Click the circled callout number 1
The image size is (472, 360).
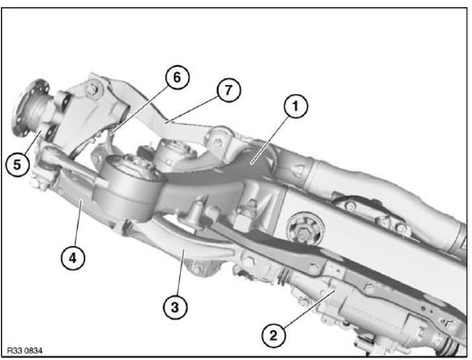(295, 107)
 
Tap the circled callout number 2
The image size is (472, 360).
(273, 336)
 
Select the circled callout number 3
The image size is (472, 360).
(175, 308)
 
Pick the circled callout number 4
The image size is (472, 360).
(72, 258)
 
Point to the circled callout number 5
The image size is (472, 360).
(17, 165)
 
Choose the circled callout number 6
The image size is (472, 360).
(177, 77)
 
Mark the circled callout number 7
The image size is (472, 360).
(229, 90)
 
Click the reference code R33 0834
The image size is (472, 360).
(24, 351)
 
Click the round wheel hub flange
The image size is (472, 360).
(29, 109)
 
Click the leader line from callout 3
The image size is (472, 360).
(180, 272)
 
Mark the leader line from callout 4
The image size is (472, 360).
(78, 223)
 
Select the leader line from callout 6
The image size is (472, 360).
(139, 109)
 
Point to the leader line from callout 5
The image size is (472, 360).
(33, 144)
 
